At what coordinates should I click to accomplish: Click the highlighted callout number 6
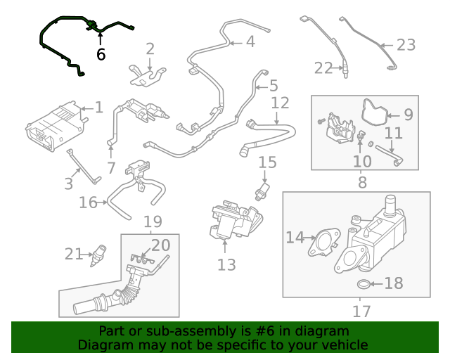pos(101,54)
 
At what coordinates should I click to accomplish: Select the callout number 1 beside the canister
pos(98,108)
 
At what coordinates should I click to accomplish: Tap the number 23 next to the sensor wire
pos(406,45)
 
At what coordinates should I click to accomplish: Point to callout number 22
pos(323,68)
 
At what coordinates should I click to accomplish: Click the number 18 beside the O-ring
pos(393,283)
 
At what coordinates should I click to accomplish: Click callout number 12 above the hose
pos(280,103)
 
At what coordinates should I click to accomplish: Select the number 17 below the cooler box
pos(361,310)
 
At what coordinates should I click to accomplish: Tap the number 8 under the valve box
pos(362,183)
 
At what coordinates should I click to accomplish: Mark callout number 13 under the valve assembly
pos(226,264)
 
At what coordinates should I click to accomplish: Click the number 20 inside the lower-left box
pos(161,245)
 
